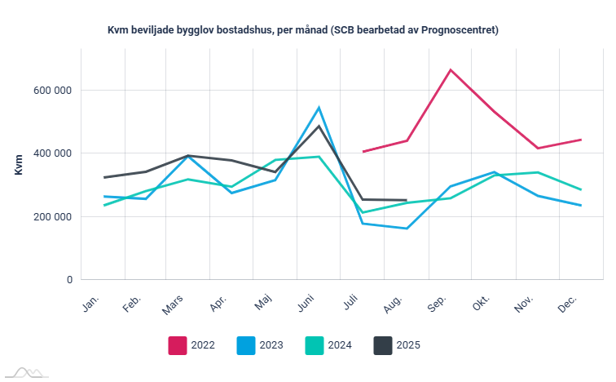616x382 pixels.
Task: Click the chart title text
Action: (302, 30)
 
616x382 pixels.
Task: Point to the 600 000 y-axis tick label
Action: (51, 90)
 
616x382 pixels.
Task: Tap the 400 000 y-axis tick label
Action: (51, 153)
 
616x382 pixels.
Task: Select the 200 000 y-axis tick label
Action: (51, 216)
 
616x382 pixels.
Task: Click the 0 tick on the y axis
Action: (69, 280)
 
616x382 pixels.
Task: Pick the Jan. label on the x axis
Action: (92, 303)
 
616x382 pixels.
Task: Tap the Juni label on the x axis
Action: (306, 304)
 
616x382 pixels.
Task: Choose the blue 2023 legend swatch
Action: (246, 345)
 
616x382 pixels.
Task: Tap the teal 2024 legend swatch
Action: (315, 345)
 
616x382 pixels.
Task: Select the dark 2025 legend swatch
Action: (383, 345)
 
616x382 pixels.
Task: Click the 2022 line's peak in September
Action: (451, 69)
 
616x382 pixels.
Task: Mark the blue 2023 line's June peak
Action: (319, 107)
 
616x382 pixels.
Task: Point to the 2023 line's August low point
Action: (407, 229)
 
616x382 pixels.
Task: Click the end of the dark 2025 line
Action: (407, 200)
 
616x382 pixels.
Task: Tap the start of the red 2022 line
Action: (363, 152)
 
